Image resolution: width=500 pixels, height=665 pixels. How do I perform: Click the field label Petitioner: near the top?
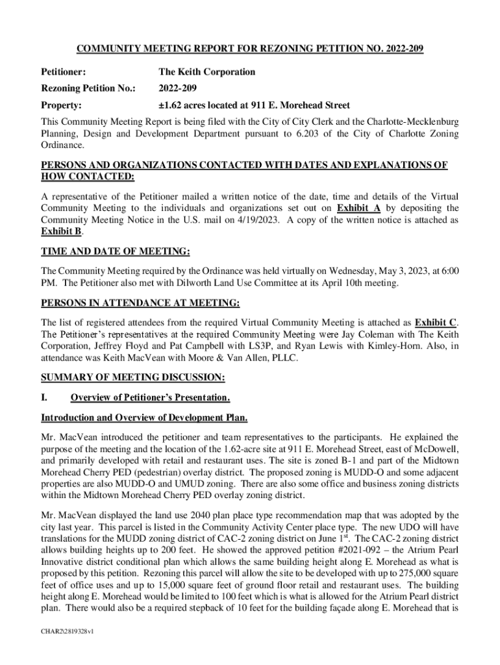[x=64, y=72]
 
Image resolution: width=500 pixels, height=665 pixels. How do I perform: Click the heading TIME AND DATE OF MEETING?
[x=116, y=252]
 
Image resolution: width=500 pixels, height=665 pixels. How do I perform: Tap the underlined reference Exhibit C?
[x=436, y=322]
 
